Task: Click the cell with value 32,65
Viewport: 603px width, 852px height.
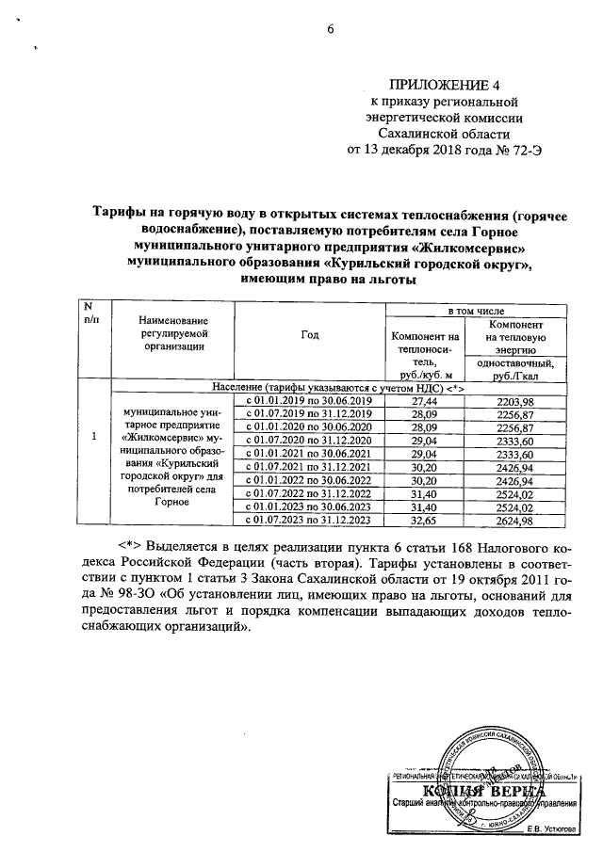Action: click(x=426, y=519)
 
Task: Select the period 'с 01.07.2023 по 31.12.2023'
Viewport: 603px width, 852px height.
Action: click(x=310, y=519)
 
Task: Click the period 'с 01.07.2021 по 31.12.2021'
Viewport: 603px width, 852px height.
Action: click(x=310, y=466)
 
